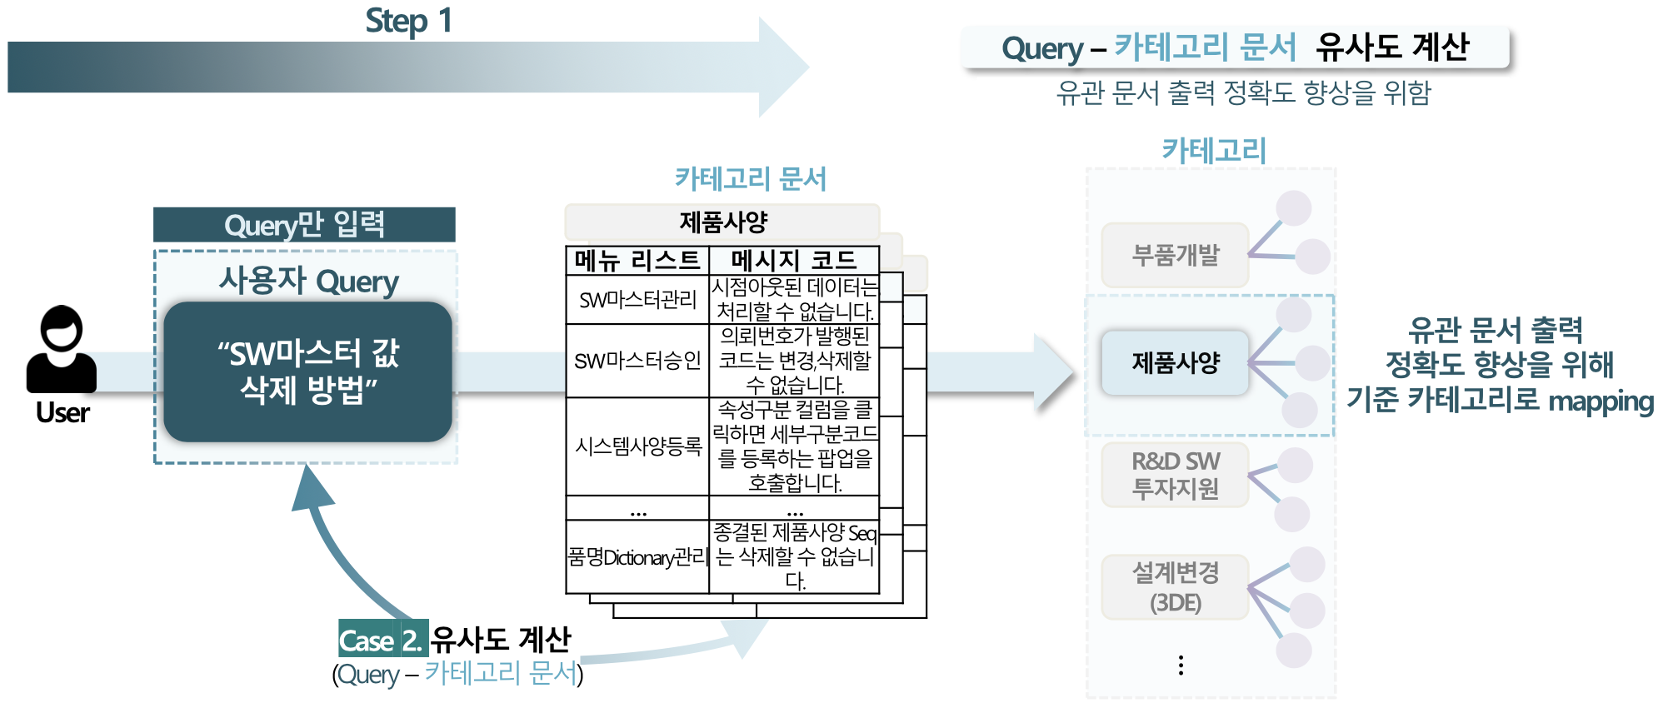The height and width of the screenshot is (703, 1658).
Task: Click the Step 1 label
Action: (408, 21)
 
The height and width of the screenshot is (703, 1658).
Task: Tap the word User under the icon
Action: (62, 412)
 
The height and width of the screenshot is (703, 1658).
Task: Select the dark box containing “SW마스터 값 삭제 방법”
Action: (307, 371)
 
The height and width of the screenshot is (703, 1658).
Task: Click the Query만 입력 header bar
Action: (304, 225)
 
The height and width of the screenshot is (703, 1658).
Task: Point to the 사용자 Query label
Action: (308, 281)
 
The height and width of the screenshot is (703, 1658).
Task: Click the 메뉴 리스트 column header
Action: (637, 261)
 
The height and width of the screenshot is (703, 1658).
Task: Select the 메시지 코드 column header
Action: (793, 261)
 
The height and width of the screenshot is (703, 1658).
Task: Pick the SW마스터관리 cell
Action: (637, 300)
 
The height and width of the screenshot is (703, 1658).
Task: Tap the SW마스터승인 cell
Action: (637, 361)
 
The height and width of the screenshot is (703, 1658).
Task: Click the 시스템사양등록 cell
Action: (637, 446)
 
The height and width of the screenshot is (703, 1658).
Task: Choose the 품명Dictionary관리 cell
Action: (637, 557)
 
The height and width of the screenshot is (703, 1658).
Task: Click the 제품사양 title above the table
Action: (722, 222)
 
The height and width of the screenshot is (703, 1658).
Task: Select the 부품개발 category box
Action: (1175, 255)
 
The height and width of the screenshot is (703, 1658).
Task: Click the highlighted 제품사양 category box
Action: (1175, 362)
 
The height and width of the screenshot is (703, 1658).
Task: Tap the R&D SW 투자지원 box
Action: (1175, 475)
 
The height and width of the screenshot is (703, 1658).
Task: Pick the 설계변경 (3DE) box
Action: (1175, 587)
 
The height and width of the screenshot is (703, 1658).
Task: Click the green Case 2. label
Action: (382, 640)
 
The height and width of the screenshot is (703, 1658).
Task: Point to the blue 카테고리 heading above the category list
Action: (1214, 151)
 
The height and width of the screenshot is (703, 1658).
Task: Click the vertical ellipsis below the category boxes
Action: (1181, 665)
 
